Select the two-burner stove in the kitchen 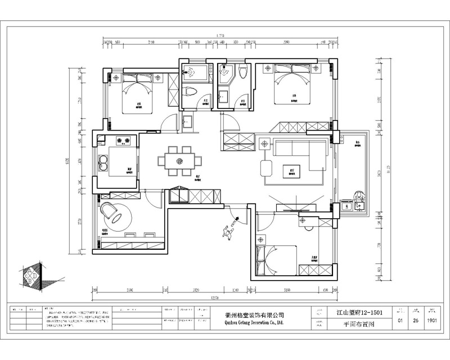tap(123, 139)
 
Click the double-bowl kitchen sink tap(103, 163)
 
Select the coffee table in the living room tap(292, 168)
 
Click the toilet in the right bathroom tap(243, 71)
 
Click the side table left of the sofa tap(264, 143)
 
